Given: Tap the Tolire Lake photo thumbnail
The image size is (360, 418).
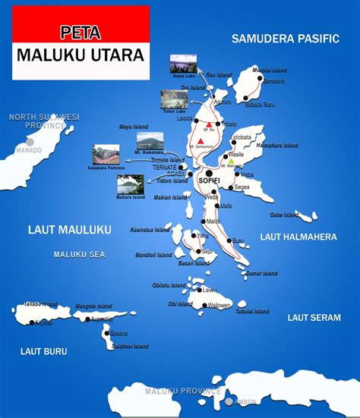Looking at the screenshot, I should click(174, 99).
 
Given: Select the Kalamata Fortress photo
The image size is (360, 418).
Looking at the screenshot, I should click(108, 155).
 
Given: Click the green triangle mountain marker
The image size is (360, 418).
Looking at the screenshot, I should click(231, 161).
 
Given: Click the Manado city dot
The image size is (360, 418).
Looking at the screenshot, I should click(30, 141).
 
